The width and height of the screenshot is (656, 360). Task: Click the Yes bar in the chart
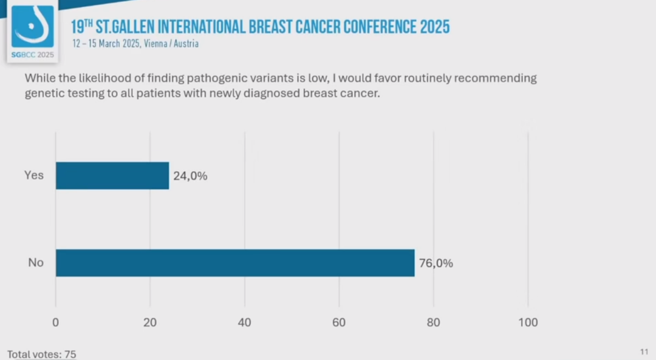[x=112, y=175]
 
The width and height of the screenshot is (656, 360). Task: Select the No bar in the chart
[x=235, y=263]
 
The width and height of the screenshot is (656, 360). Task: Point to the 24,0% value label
[x=191, y=176]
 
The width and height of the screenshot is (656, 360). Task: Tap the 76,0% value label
[x=436, y=263]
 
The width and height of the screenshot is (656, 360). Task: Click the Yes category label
[x=34, y=175]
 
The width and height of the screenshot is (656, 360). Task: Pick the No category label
[x=36, y=263]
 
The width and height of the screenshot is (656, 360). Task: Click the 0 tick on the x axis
[x=56, y=322]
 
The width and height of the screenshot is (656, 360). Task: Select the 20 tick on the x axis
[x=150, y=322]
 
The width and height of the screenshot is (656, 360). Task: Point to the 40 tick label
[x=244, y=322]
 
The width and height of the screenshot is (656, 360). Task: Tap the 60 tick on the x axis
[x=339, y=322]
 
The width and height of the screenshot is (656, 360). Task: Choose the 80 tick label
[x=433, y=322]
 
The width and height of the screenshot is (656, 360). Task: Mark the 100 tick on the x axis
[x=528, y=322]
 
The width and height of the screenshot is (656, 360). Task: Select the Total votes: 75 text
[x=41, y=354]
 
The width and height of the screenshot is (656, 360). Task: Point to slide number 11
[x=644, y=351]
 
